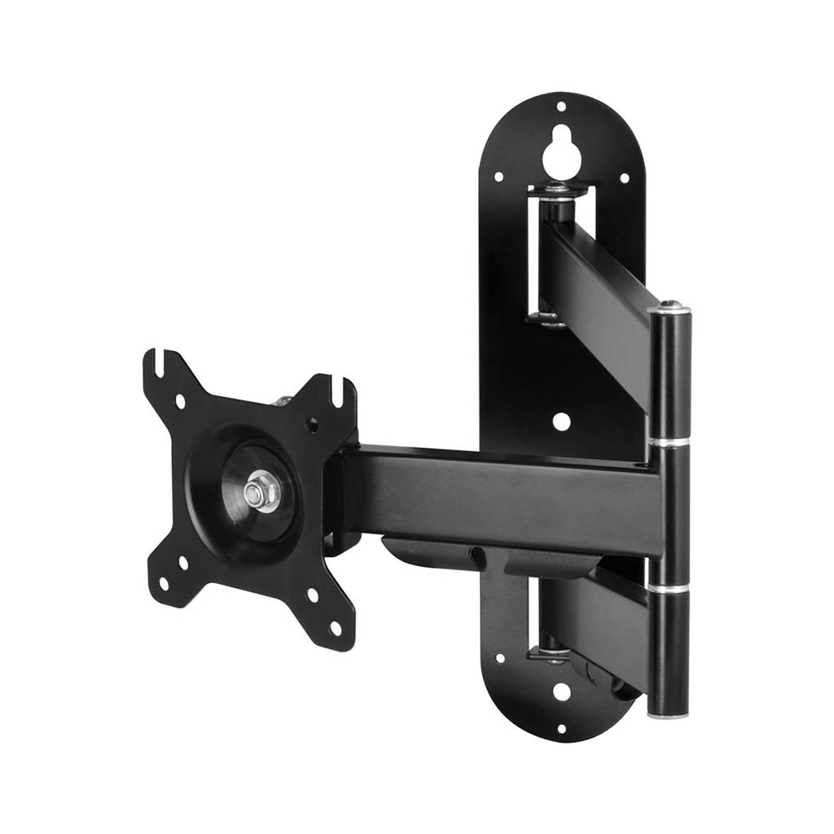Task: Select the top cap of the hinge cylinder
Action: (669, 307)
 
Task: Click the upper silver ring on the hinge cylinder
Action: (669, 442)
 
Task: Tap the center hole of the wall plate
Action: (561, 421)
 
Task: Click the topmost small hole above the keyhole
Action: (560, 106)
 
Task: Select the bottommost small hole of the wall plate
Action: (560, 728)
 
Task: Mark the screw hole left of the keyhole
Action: (498, 175)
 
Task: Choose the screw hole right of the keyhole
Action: (624, 178)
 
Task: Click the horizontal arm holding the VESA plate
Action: (497, 493)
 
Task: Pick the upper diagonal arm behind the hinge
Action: (599, 293)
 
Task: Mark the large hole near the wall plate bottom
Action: (560, 691)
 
